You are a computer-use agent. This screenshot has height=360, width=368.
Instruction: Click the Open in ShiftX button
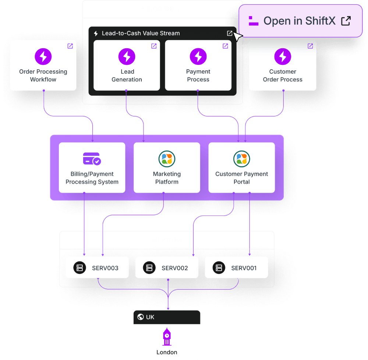point(300,21)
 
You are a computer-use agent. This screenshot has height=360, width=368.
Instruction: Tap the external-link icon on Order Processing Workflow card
point(70,46)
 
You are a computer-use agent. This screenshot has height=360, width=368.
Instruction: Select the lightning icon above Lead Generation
point(127,56)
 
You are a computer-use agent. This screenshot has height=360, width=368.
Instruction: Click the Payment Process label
point(198,76)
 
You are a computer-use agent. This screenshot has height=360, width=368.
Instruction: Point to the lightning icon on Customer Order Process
point(283,56)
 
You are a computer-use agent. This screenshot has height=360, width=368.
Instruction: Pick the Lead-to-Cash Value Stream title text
point(141,33)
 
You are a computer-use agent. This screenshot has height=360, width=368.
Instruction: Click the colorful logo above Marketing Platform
point(167,159)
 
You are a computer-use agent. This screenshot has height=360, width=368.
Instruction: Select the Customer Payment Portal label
point(242,178)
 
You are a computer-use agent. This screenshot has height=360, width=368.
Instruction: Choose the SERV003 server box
point(97,268)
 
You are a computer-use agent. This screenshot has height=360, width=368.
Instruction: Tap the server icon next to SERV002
point(149,268)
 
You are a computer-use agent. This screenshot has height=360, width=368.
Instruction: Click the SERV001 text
point(244,268)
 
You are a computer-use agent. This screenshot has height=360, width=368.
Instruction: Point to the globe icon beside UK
point(140,317)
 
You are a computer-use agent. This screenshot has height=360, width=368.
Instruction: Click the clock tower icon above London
point(167,337)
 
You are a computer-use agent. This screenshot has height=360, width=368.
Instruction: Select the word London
point(167,352)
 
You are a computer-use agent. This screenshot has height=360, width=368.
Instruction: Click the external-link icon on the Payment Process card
point(225,46)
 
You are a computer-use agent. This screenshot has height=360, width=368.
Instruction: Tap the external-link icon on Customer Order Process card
point(310,46)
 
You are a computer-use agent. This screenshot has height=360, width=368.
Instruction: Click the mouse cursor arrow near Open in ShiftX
point(238,36)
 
